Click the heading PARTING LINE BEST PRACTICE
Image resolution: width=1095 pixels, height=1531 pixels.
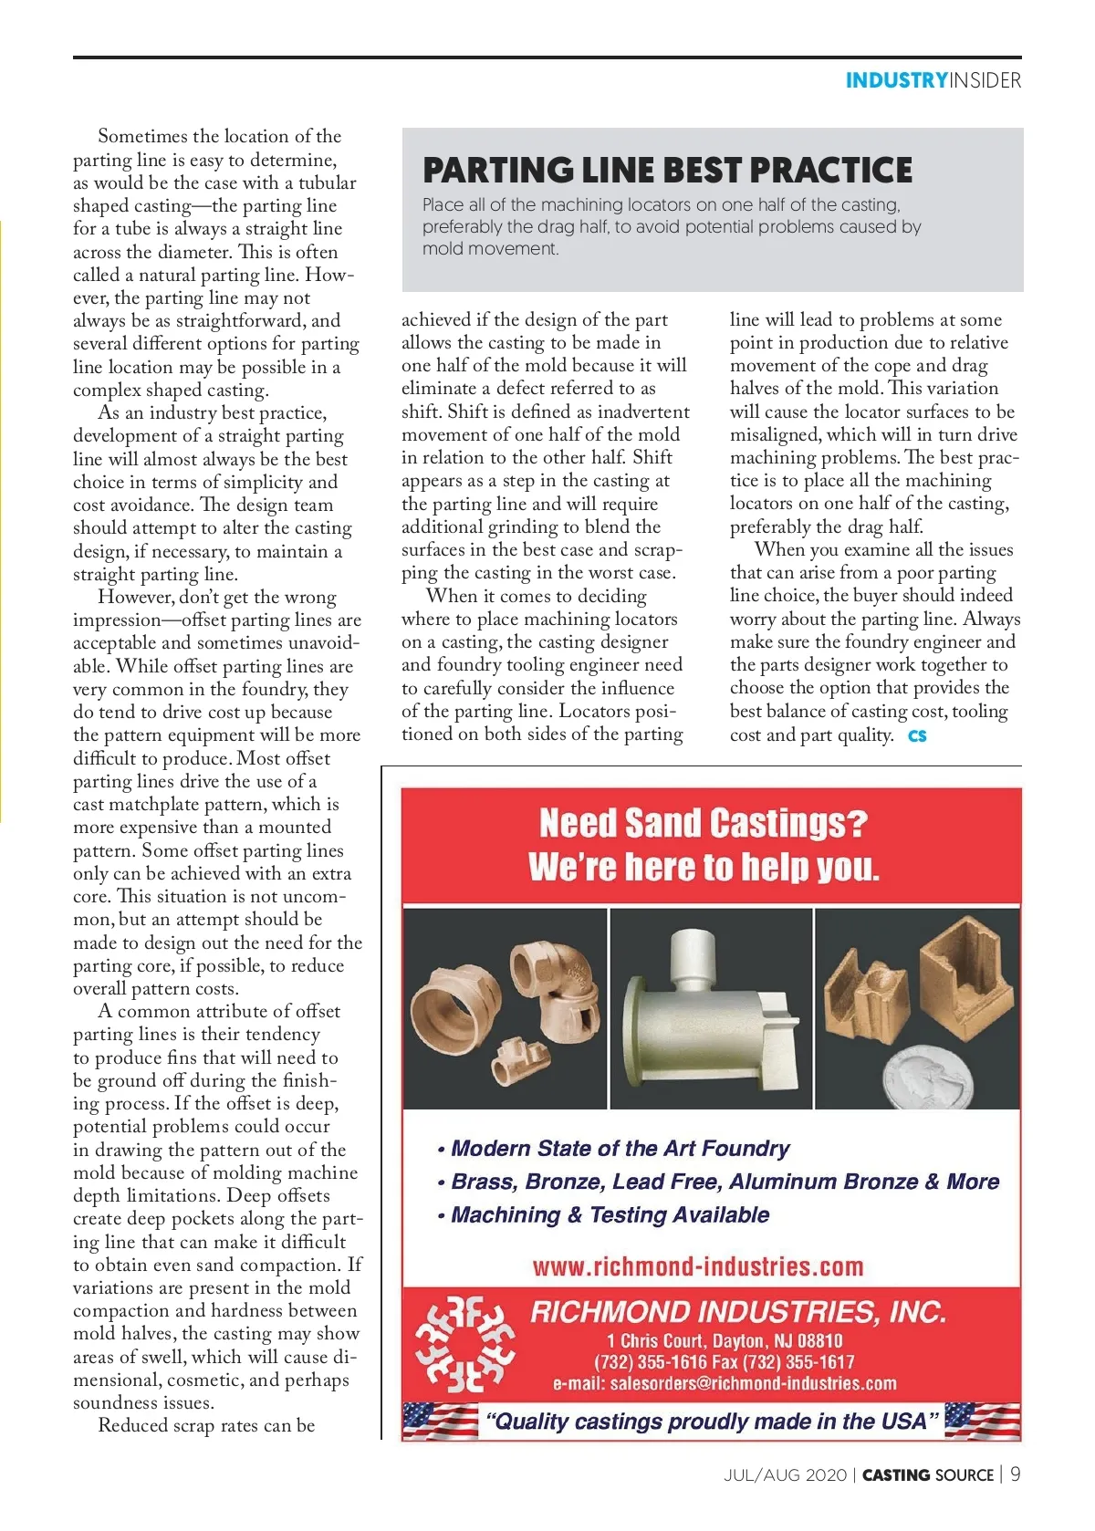click(667, 171)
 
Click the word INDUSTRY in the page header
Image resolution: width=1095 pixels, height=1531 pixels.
click(896, 80)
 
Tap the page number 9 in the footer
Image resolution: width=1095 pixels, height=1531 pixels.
click(1015, 1474)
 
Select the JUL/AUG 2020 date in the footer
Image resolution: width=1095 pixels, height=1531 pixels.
click(785, 1475)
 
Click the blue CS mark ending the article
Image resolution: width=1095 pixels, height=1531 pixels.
click(917, 735)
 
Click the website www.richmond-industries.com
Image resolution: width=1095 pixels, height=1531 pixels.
click(698, 1266)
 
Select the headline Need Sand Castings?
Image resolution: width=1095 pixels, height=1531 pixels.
click(703, 823)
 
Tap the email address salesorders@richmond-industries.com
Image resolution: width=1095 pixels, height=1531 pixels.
click(725, 1383)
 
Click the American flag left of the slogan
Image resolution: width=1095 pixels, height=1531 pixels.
click(441, 1421)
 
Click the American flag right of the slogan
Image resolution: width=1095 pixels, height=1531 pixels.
click(982, 1420)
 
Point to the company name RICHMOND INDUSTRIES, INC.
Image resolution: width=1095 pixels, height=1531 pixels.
click(738, 1312)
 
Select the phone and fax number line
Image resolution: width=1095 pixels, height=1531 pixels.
click(725, 1362)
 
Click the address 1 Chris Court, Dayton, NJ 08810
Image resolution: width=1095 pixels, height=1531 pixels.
click(725, 1340)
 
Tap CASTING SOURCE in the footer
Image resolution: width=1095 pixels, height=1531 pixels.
click(927, 1475)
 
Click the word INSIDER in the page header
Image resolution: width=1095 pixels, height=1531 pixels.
click(985, 80)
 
